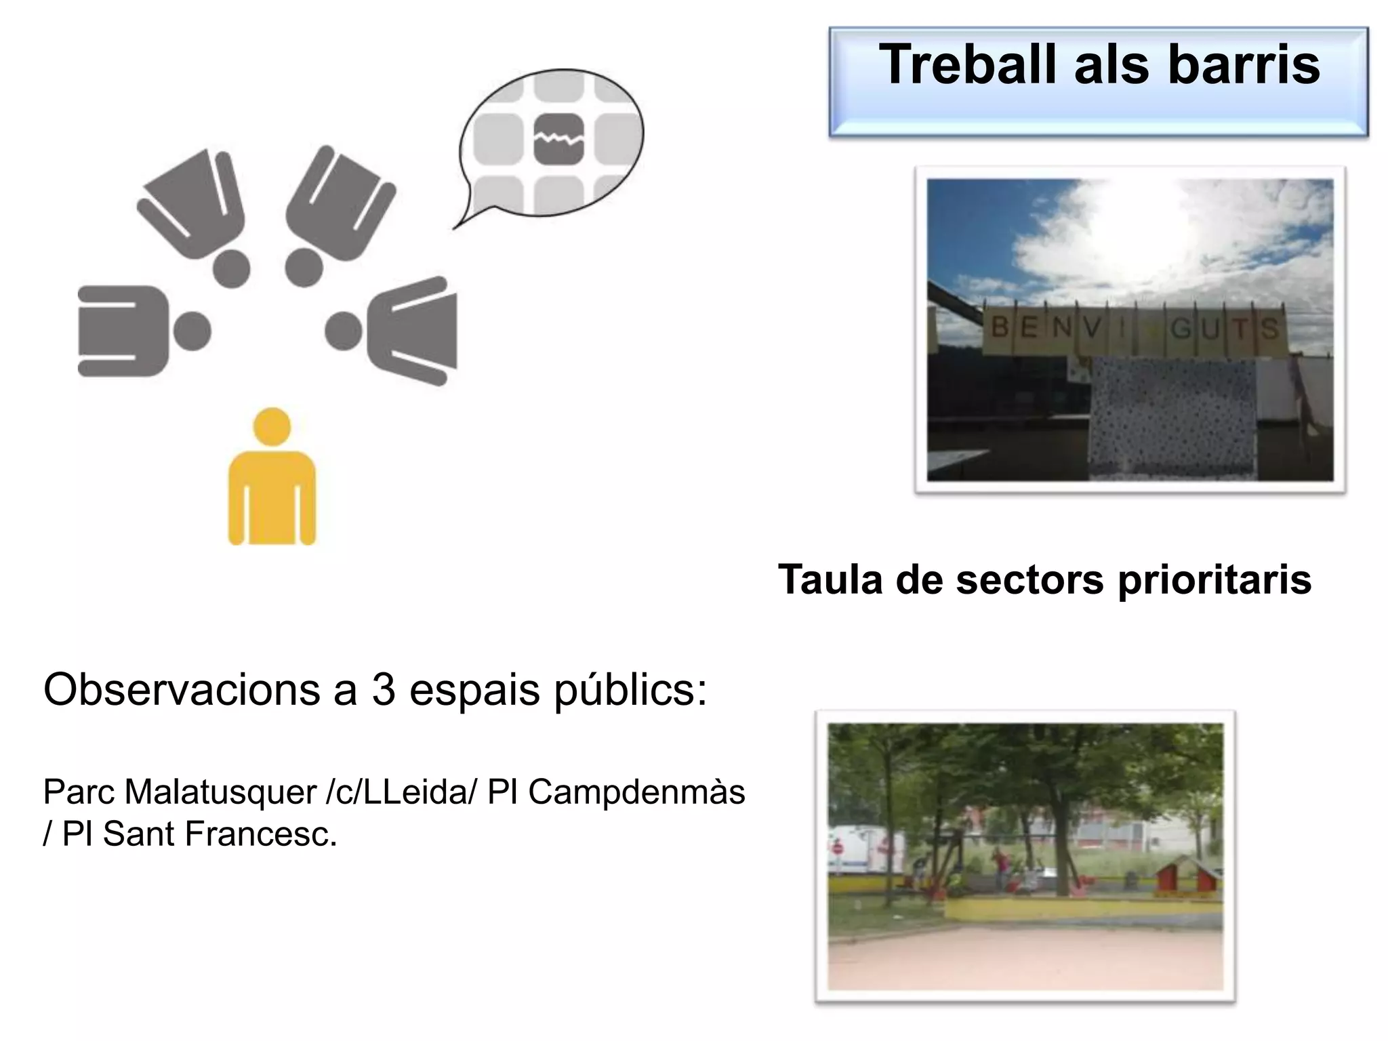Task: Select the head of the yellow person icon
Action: [x=272, y=427]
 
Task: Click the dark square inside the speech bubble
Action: [x=558, y=140]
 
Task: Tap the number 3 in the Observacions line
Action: [x=384, y=690]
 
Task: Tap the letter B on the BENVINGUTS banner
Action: [x=1000, y=328]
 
